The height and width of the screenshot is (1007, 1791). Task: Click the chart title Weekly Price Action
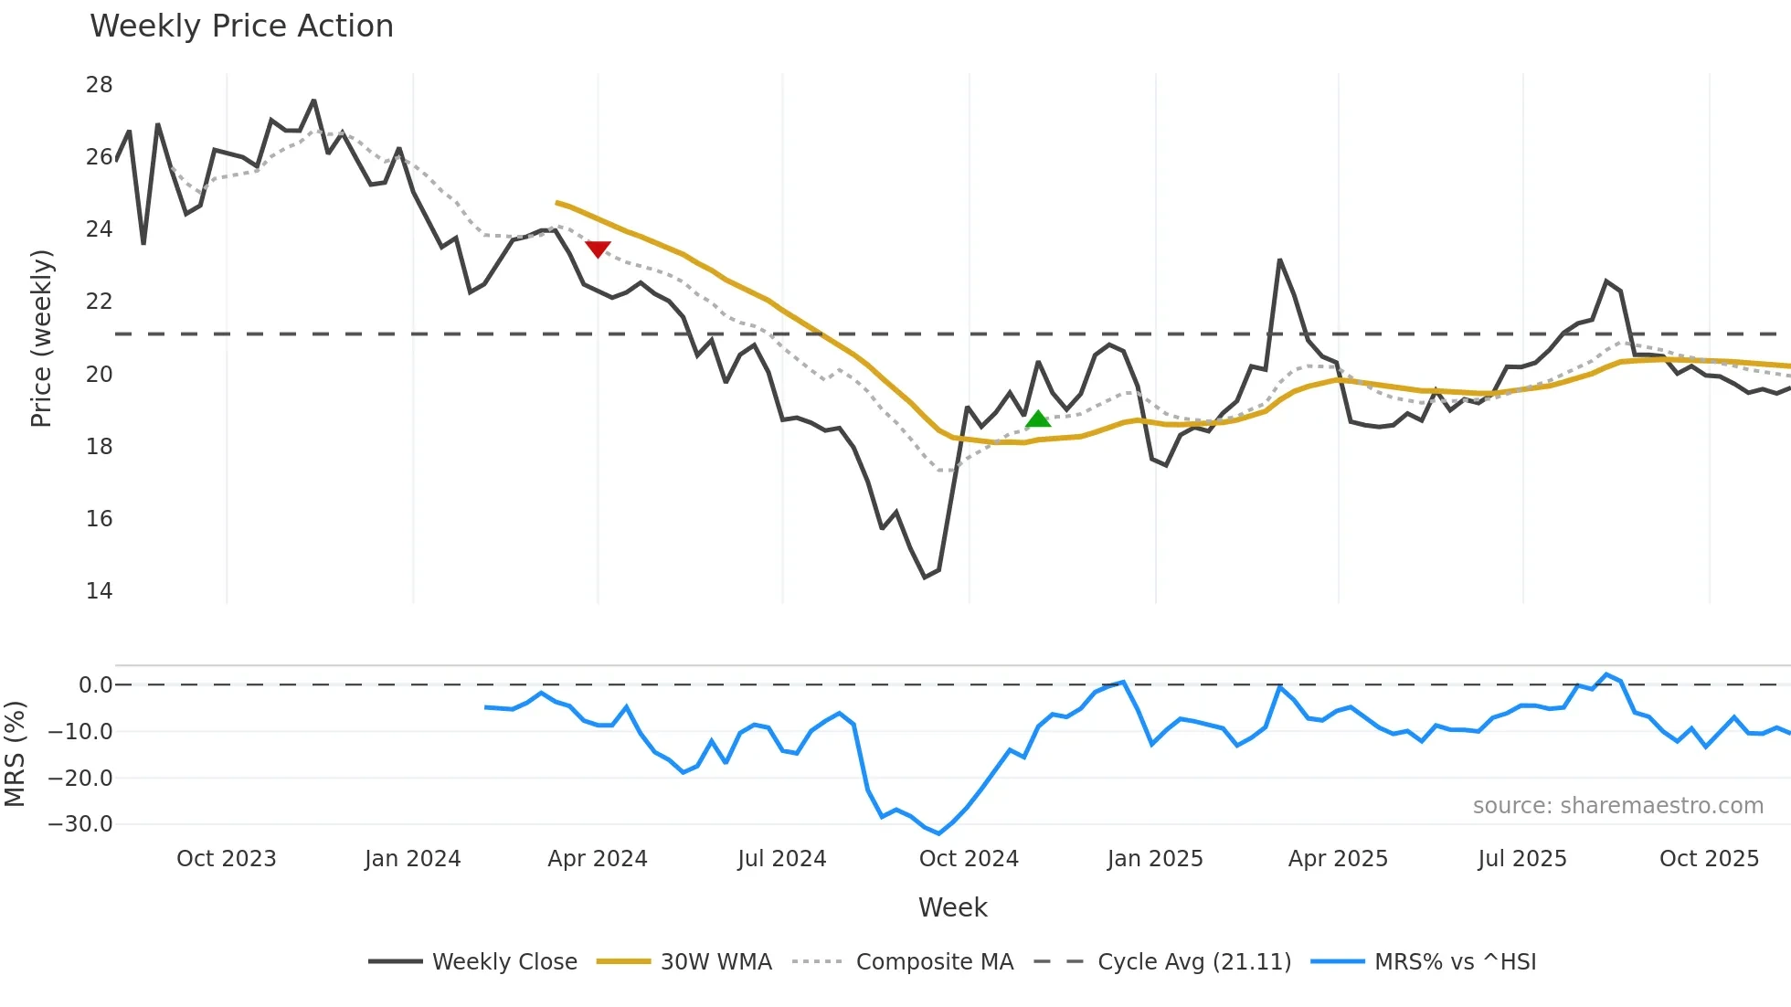pos(241,26)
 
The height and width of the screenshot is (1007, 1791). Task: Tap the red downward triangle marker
pos(598,249)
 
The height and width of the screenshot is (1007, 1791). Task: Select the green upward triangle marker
pos(1038,419)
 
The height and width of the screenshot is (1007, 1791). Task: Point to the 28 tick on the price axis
pos(99,85)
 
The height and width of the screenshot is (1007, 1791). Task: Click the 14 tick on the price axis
pos(99,591)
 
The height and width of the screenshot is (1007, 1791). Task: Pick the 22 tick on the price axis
pos(99,302)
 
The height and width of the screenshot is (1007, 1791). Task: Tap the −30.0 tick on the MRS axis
pos(80,824)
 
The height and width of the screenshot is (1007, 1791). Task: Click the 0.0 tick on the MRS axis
pos(95,685)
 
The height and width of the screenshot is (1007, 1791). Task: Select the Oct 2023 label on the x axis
pos(226,859)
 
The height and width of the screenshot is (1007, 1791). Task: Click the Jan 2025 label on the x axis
pos(1155,859)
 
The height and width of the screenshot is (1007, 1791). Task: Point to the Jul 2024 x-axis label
pos(781,859)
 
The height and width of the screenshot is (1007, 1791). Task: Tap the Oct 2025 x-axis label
pos(1709,859)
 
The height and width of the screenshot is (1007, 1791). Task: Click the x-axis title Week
pos(952,907)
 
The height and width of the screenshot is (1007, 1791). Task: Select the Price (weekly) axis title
pos(41,338)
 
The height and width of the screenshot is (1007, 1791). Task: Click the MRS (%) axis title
pos(15,754)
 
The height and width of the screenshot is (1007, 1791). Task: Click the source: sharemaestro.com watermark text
pos(1617,806)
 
